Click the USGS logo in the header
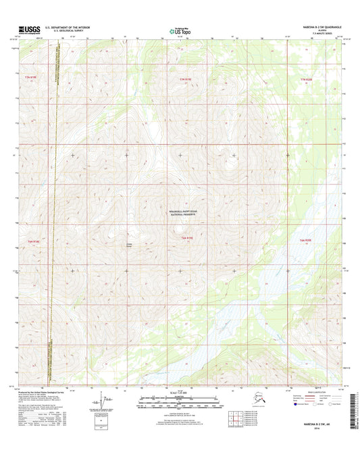coord(30,30)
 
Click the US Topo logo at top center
coord(180,30)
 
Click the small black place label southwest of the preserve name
coord(130,244)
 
